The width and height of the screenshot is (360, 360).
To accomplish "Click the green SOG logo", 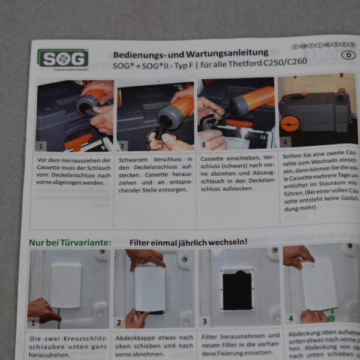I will coord(63,58).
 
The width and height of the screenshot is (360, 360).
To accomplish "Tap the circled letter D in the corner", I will coord(346,55).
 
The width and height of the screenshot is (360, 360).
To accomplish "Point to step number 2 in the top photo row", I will coord(123,145).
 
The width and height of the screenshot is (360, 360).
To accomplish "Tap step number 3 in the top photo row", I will coord(203,145).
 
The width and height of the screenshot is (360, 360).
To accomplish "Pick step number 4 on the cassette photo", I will coord(285,142).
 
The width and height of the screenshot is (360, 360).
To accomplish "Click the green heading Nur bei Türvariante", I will coord(70,242).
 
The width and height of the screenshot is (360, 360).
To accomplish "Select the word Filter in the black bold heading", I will coord(143,242).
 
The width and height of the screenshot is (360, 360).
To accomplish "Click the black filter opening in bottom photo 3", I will coord(238,290).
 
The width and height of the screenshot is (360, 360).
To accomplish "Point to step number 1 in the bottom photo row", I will coord(34,323).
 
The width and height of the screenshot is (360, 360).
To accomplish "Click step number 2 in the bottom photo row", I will coord(119,322).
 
